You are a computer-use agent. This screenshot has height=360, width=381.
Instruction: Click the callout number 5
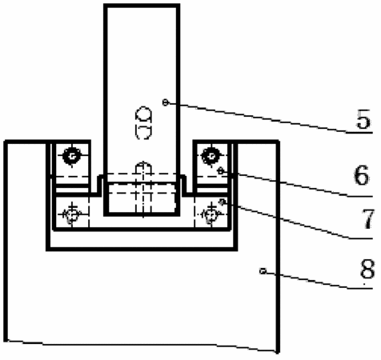(363, 119)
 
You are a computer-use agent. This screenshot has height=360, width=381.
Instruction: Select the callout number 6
(362, 175)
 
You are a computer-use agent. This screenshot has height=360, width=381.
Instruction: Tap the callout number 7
(368, 218)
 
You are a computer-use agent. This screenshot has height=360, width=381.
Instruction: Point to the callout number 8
(367, 268)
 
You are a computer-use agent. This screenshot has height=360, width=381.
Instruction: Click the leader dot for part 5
(166, 102)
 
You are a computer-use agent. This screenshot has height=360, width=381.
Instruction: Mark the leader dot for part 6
(221, 171)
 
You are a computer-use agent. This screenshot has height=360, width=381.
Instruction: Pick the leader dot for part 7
(222, 202)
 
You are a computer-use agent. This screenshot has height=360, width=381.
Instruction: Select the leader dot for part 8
(263, 271)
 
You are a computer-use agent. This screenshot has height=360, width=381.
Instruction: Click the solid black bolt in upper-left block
(72, 156)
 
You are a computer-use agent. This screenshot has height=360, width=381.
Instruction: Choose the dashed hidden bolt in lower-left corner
(72, 214)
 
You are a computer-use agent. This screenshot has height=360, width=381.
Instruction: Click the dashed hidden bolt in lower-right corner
(211, 214)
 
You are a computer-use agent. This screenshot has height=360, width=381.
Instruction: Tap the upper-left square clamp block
(72, 162)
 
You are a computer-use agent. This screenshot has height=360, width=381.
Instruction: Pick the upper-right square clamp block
(211, 162)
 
